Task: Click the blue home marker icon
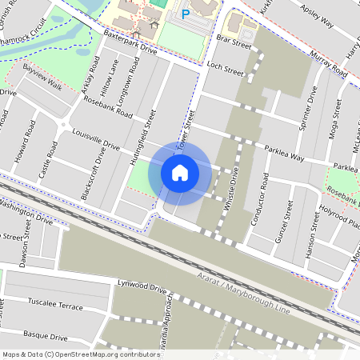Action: pos(180,172)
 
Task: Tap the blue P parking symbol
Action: pos(186,14)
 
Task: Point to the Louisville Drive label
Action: pos(95,141)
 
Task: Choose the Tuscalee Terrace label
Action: pos(55,306)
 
